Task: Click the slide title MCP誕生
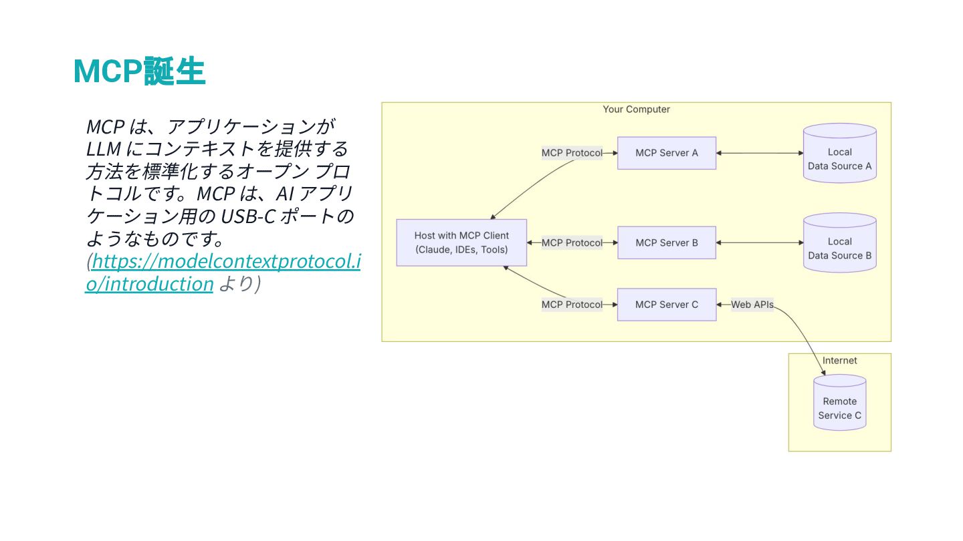tap(139, 71)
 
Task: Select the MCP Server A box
tap(666, 153)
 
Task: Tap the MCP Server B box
tap(666, 242)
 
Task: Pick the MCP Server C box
tap(666, 305)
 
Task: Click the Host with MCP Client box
tap(461, 242)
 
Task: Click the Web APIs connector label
tap(752, 305)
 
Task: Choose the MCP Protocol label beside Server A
tap(572, 153)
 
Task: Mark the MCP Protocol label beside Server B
tap(572, 242)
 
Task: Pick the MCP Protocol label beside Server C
tap(572, 305)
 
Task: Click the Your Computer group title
tap(636, 110)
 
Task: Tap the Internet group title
tap(839, 361)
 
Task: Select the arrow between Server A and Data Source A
tap(760, 153)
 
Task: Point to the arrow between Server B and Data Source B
tap(760, 242)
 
